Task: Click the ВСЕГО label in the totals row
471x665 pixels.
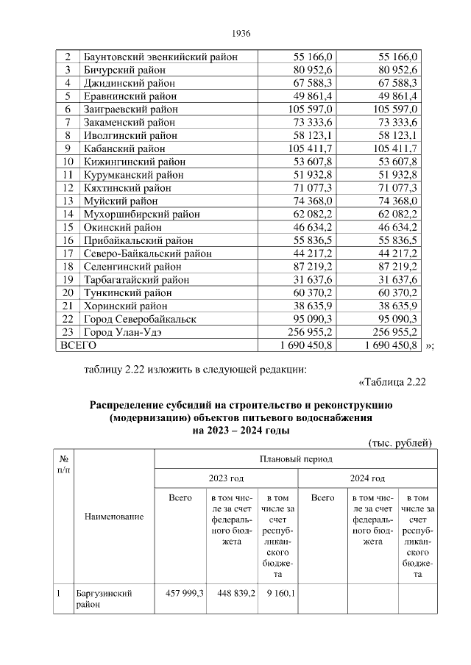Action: click(78, 344)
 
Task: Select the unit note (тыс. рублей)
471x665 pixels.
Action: click(400, 442)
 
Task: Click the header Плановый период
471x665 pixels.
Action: click(296, 459)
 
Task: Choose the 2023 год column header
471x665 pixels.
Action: click(226, 478)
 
